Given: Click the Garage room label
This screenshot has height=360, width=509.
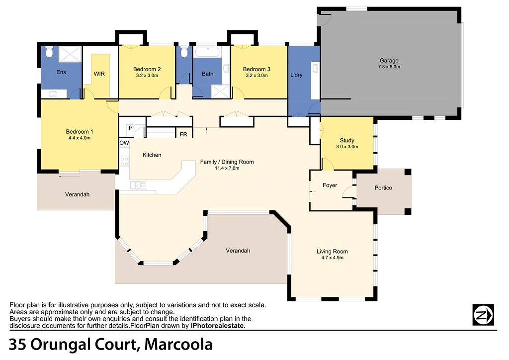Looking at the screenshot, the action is coord(389,61).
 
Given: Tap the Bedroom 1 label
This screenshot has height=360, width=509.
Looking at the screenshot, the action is coord(80,132).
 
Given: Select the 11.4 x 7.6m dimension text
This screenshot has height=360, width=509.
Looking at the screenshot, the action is coord(227,168).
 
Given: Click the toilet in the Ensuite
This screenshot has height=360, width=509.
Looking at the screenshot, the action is coord(49,52).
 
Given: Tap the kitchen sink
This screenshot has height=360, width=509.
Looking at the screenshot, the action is coord(138,185).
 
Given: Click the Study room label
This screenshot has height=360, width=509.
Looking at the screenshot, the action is coord(347,141).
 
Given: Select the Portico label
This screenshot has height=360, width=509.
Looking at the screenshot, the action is coord(383,188).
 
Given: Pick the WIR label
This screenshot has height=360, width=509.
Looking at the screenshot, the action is coord(99,74).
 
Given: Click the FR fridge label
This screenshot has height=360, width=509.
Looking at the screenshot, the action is coord(183,134).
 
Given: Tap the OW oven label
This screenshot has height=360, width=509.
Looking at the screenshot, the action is coord(124,143).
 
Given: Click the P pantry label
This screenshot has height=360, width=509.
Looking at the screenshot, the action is coord(130,128).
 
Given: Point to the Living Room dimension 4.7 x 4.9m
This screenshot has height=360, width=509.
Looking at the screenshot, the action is coord(332,258).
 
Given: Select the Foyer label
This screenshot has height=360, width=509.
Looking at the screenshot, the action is coord(330,185).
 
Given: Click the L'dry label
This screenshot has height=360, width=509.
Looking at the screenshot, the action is coord(296,75).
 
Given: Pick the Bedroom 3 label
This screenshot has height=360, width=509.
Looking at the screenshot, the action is coord(256,69).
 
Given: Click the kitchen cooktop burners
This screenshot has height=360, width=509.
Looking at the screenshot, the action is coord(124,161).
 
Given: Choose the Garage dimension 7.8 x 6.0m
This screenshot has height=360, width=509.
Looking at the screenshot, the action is coord(389,67).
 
